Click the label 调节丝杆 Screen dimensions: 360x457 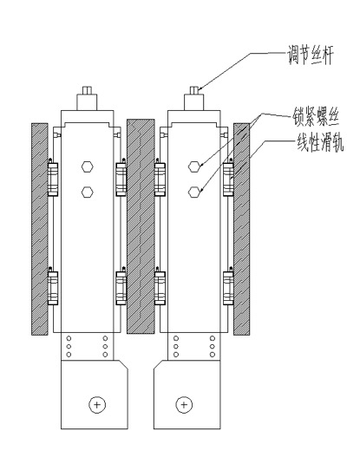point(311,55)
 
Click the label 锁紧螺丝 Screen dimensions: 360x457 point(316,117)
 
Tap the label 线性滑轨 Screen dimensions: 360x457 point(320,142)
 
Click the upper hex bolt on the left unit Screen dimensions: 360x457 point(87,166)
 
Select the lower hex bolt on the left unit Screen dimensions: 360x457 point(87,192)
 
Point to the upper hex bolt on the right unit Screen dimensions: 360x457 point(194,166)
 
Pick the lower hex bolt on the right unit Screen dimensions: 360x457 point(194,192)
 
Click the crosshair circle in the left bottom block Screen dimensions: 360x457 point(97,405)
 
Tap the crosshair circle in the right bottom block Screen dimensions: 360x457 point(184,405)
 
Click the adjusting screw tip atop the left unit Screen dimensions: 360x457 point(87,90)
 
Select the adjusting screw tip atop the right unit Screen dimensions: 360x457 point(194,90)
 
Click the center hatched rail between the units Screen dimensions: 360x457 point(141,226)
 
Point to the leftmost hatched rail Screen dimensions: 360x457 point(40,229)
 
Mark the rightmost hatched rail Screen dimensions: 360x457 point(242,229)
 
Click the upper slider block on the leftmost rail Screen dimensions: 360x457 point(53,179)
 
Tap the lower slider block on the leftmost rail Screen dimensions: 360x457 point(53,288)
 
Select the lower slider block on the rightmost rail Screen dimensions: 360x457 point(228,288)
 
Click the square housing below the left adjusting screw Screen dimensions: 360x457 point(87,102)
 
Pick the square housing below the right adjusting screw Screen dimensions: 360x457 point(194,102)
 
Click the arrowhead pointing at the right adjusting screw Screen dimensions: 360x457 point(200,88)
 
